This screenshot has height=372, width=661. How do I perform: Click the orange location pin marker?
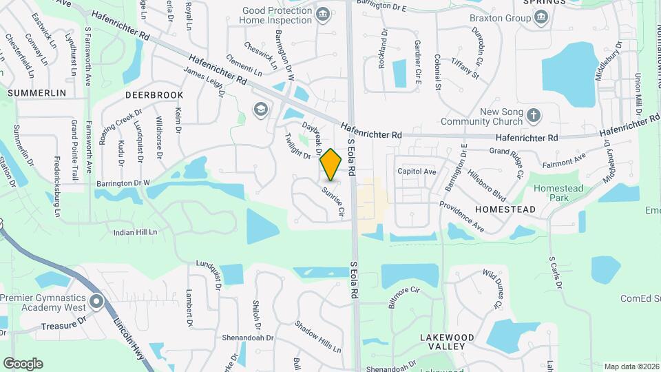331,164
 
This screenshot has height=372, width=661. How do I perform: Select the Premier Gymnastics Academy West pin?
96,301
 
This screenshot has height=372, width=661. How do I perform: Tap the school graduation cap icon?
260,110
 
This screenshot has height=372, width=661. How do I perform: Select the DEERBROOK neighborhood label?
154,94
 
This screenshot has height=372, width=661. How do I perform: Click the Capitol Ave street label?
417,172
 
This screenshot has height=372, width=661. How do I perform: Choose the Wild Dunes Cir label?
493,289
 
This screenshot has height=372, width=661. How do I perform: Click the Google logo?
23,364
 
